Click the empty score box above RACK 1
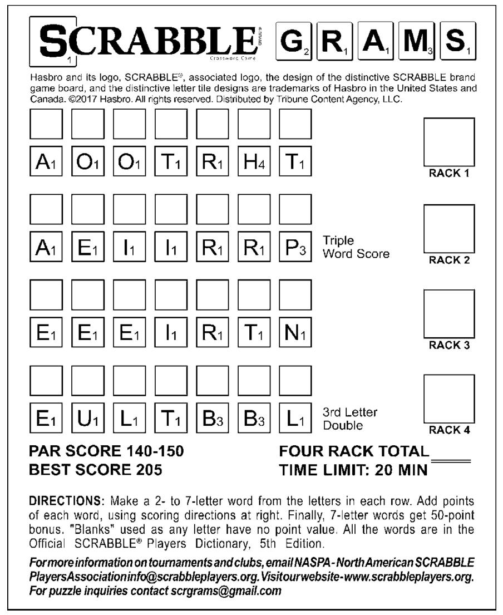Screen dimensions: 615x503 click(x=449, y=141)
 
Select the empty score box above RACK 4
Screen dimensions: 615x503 click(x=449, y=400)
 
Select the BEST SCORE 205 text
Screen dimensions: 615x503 click(x=95, y=470)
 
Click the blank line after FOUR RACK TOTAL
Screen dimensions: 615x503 click(x=451, y=460)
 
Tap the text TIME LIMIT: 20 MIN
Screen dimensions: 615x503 click(x=353, y=470)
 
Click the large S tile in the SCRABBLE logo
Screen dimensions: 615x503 click(x=53, y=42)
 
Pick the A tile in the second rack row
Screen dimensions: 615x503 click(x=45, y=247)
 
